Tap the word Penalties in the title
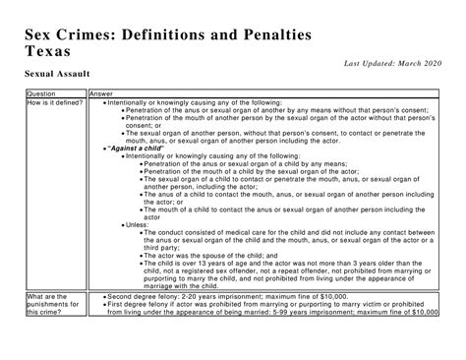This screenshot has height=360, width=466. coord(266,31)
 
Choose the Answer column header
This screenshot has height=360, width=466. coord(102,93)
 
